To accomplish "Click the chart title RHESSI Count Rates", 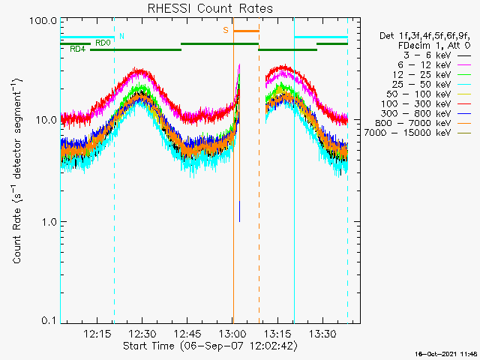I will coord(210,8).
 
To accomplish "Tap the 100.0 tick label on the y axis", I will coord(43,20).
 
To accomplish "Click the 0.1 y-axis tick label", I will coord(48,321).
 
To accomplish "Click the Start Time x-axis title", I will coord(210,346).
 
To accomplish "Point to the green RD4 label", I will coord(76,49).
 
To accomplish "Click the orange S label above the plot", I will coord(225,31).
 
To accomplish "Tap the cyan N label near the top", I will coord(122,36).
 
